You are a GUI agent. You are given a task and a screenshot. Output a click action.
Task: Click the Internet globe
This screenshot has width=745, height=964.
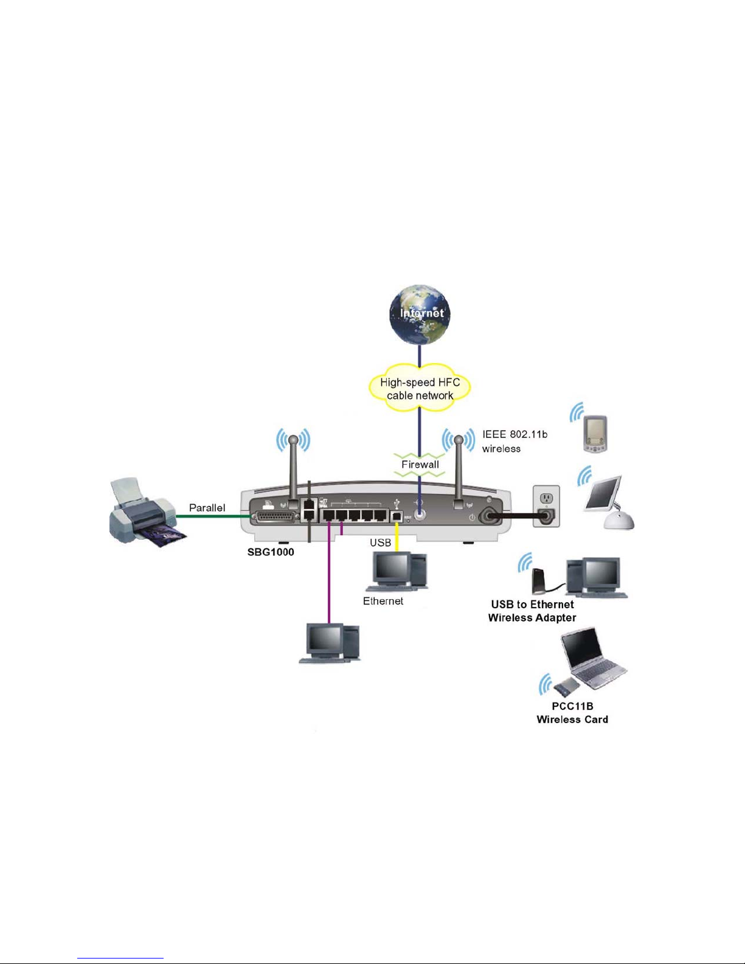420,314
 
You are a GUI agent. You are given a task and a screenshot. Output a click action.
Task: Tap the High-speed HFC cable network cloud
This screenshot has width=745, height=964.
420,389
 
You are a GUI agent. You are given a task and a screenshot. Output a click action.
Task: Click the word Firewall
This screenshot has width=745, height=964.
420,465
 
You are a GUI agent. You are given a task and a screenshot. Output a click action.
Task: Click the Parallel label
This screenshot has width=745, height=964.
207,508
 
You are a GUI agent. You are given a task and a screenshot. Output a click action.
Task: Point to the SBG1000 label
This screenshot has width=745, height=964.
271,552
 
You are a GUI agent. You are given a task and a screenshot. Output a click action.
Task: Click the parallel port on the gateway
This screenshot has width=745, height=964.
275,516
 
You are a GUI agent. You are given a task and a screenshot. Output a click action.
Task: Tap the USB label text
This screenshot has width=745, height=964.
380,543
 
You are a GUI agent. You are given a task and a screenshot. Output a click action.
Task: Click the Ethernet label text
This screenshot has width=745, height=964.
383,601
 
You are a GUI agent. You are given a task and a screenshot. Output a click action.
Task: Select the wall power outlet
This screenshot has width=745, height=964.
546,506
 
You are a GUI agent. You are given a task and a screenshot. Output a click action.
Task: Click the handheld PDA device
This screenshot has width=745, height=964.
595,434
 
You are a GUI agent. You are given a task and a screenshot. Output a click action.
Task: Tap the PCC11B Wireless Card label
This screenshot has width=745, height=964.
572,713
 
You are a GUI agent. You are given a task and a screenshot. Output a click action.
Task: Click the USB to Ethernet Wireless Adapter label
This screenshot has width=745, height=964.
532,611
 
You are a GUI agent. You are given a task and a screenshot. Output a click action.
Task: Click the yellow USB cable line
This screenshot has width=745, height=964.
397,535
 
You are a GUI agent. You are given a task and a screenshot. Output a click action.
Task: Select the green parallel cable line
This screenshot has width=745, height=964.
213,516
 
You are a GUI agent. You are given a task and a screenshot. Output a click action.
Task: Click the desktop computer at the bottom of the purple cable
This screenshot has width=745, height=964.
329,642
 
